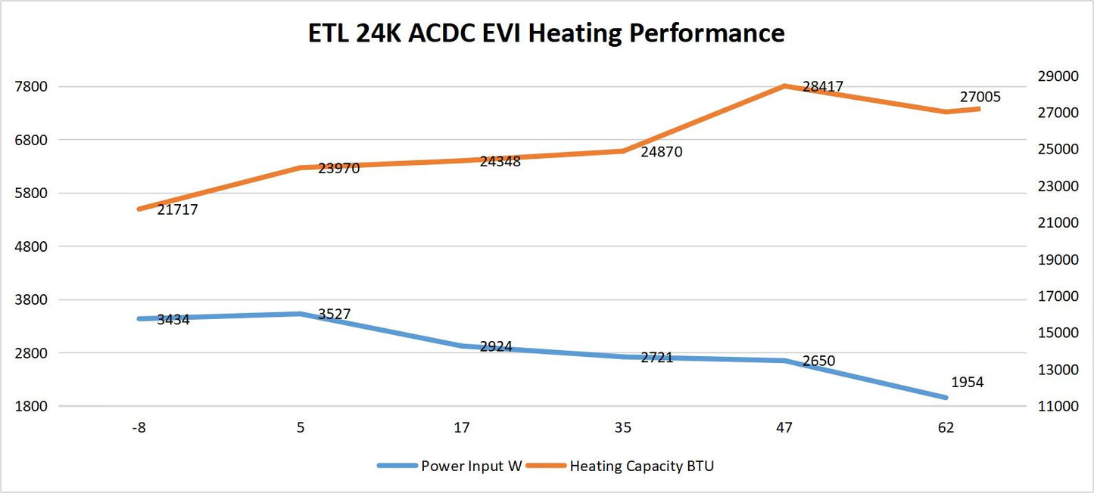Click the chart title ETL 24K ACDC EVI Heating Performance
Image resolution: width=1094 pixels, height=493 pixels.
point(546,33)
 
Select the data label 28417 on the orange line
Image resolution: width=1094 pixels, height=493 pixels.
point(823,87)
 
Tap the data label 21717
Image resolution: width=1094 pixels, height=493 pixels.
point(177,210)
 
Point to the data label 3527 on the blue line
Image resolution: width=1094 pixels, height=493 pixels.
point(334,314)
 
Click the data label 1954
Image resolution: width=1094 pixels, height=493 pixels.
point(967,383)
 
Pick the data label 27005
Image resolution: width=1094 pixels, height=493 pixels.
point(980,97)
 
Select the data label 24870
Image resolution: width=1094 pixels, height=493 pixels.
point(661,152)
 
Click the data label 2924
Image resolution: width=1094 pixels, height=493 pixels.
point(496,346)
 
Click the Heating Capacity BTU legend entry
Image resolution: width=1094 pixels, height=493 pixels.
point(641,466)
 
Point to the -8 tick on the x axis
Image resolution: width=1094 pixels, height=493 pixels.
point(139,428)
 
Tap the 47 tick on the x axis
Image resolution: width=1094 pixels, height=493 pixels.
point(784,428)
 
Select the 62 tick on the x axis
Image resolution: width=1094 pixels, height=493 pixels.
point(946,428)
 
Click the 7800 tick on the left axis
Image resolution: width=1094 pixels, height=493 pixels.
point(32,86)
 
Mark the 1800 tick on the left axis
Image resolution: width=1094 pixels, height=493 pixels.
point(32,406)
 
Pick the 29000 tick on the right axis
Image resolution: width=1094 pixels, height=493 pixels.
point(1056,76)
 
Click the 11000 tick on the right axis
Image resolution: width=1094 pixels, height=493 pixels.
point(1056,406)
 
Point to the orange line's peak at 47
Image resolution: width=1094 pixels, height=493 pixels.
point(785,85)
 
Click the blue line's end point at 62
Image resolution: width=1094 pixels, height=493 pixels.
point(946,397)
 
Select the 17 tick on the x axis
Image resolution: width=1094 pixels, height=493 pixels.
point(461,428)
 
